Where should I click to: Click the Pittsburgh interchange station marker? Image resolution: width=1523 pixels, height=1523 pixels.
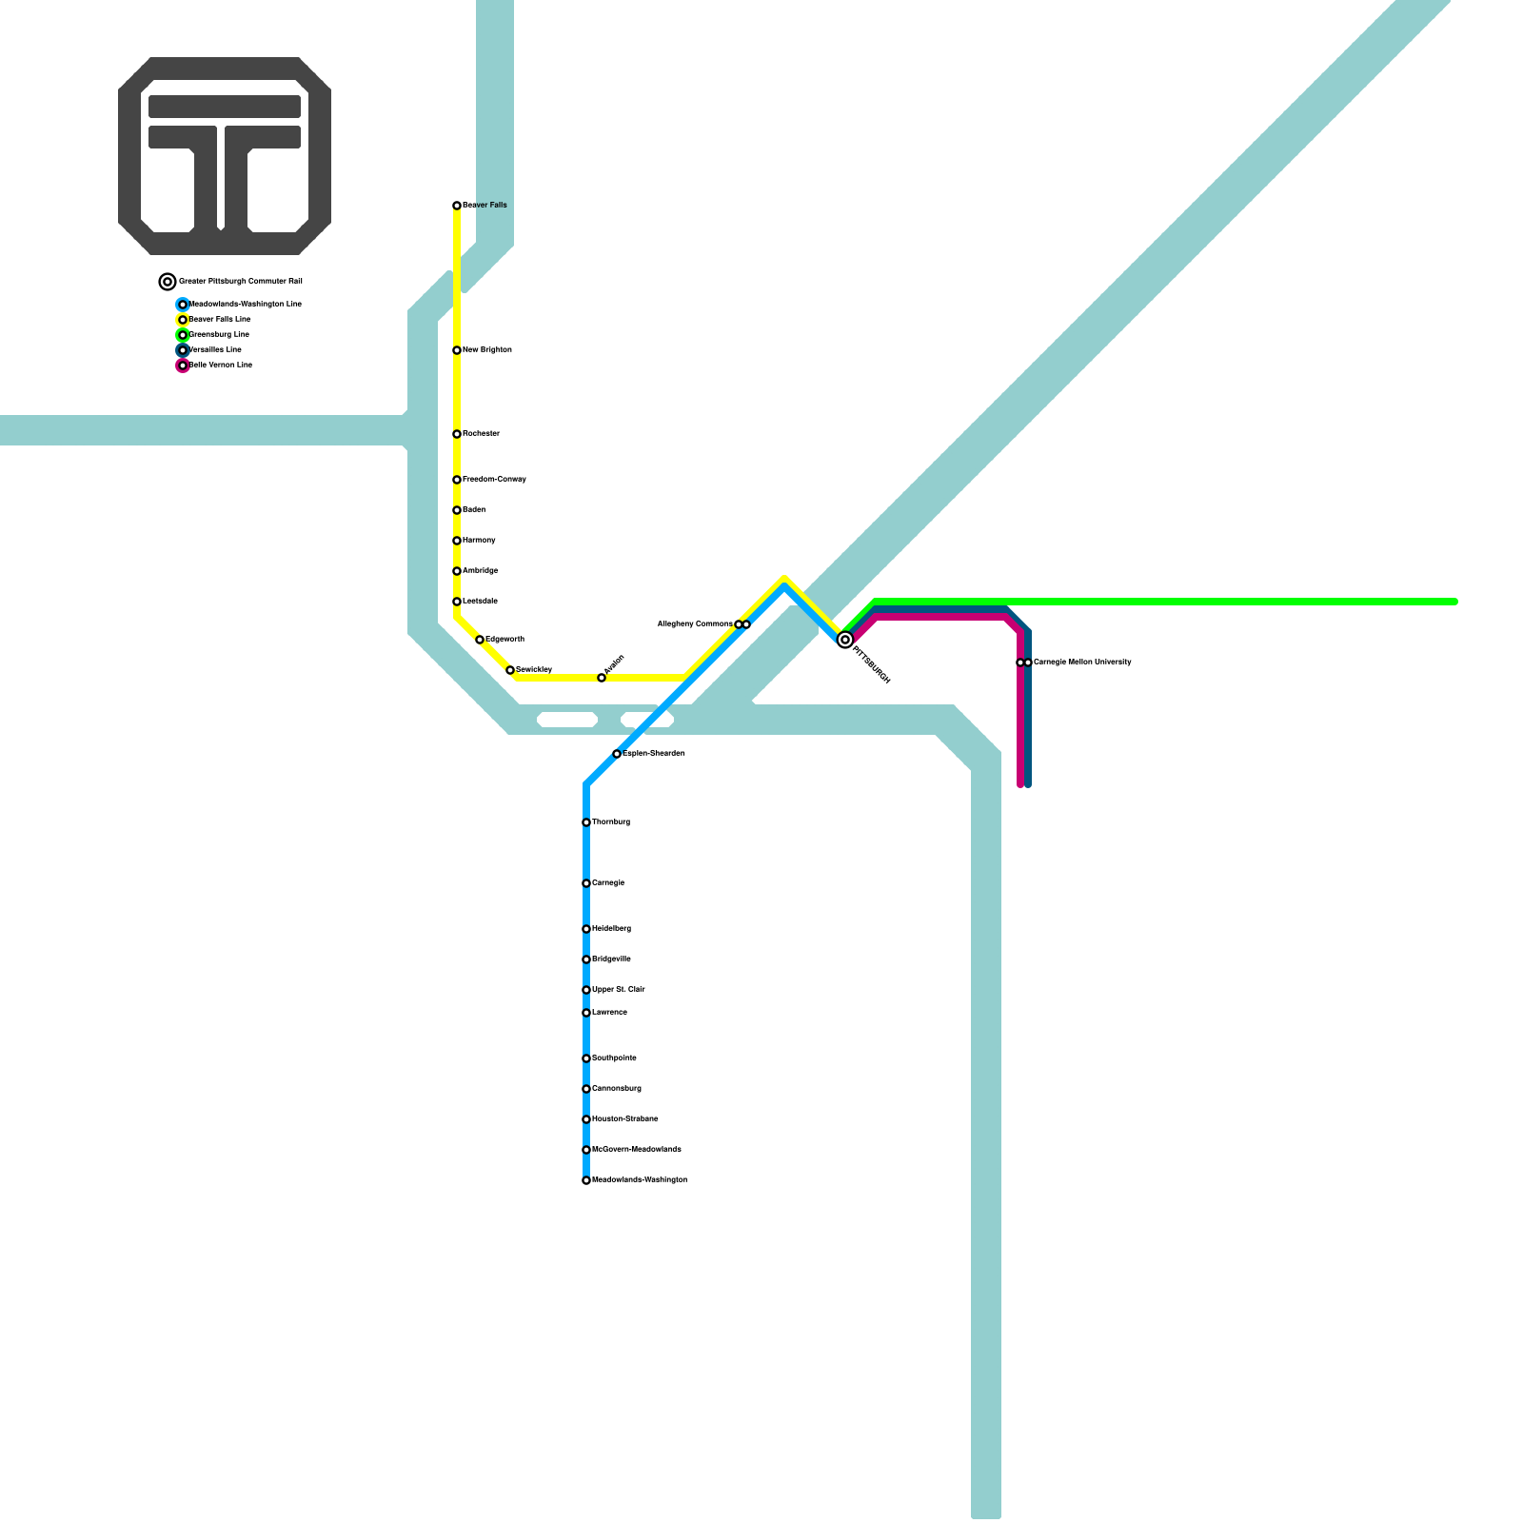844,641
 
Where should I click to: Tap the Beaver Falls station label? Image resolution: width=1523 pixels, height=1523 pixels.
485,206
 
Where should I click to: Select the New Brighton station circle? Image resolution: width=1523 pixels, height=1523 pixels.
457,350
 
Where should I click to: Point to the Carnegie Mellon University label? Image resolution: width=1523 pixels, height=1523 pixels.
1082,662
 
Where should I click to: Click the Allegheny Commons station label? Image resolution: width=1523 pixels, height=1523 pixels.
695,624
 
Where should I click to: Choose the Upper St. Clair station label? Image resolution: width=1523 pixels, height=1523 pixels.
618,990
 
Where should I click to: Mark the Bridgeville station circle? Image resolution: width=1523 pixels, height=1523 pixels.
586,959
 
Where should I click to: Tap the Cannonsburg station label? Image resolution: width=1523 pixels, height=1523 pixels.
616,1089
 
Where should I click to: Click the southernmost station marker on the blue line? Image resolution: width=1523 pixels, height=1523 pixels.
586,1180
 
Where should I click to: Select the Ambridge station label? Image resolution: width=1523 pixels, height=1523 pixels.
480,571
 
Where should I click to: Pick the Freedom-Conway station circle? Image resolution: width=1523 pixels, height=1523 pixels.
457,480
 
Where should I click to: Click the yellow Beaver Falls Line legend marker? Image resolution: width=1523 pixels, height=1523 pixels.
183,320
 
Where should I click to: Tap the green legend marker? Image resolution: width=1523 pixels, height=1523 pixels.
183,335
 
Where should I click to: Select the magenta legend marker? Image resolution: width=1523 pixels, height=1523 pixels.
183,366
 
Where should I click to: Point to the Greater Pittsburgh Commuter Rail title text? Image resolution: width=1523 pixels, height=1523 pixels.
240,282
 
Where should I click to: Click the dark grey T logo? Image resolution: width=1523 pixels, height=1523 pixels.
225,156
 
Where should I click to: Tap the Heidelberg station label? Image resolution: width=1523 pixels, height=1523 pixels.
611,929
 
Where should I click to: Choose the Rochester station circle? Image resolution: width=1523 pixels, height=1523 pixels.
457,434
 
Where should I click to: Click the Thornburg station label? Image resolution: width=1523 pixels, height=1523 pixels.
610,822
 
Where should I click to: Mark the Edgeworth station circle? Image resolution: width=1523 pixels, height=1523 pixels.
480,640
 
